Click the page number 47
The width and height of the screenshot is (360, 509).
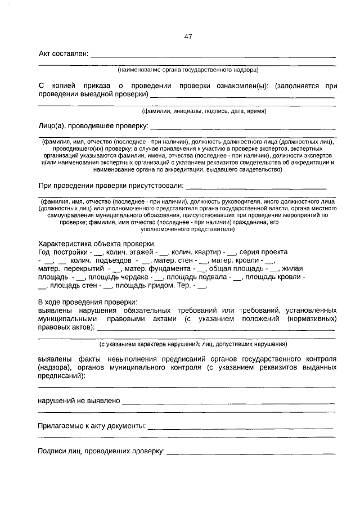(188, 37)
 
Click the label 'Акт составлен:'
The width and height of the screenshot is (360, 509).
(63, 54)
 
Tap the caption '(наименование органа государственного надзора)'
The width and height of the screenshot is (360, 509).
(188, 70)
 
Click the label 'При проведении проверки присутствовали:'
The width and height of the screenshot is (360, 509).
(111, 186)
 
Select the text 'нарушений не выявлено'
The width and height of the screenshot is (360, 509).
(79, 401)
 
